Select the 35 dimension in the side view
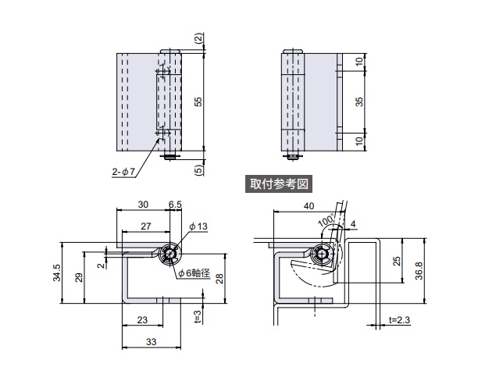pyautogui.click(x=358, y=102)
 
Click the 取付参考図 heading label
pyautogui.click(x=280, y=184)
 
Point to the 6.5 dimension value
pyautogui.click(x=176, y=204)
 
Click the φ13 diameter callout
pyautogui.click(x=199, y=226)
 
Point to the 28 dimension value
pyautogui.click(x=221, y=280)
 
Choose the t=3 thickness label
pyautogui.click(x=198, y=315)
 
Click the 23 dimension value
pyautogui.click(x=142, y=319)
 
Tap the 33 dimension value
pyautogui.click(x=150, y=341)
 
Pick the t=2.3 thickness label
pyautogui.click(x=400, y=319)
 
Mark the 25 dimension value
pyautogui.click(x=396, y=261)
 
